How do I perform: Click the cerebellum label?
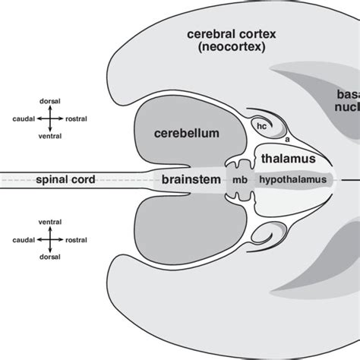[187, 134]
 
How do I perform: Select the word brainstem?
[190, 180]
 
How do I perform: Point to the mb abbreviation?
[240, 181]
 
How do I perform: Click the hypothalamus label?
[294, 180]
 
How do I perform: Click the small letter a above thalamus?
[288, 141]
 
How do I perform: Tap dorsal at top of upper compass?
[50, 99]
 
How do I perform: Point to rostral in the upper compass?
[77, 119]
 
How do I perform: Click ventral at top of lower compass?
[50, 221]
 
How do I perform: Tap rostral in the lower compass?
[77, 241]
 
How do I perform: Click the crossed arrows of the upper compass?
[50, 119]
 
